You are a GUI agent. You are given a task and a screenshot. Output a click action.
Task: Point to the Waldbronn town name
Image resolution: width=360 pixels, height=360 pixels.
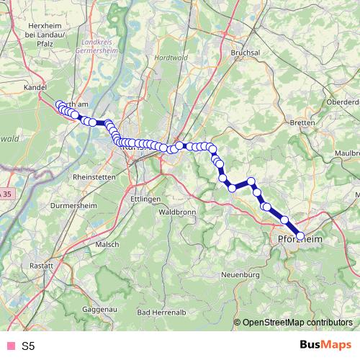point(176,212)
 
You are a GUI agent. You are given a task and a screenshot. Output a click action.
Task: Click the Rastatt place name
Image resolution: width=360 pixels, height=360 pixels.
point(41,266)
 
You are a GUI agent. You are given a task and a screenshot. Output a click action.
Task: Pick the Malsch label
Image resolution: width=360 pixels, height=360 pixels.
point(107,244)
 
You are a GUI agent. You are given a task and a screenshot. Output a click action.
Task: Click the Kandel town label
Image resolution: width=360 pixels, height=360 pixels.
point(35,86)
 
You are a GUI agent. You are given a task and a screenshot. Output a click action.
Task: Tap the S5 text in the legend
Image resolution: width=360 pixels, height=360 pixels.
point(28,346)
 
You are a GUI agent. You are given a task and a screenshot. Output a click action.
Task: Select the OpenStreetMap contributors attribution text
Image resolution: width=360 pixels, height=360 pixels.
point(297,323)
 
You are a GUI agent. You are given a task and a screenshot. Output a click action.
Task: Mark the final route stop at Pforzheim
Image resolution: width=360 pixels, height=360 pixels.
point(300,235)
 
